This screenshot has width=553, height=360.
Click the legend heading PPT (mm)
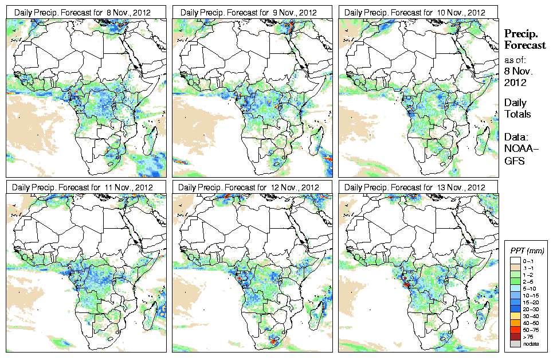coord(527,251)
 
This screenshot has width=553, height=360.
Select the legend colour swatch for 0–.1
coord(514,260)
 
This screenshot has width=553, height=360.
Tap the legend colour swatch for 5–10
coord(514,288)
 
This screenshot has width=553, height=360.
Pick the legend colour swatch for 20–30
coord(514,308)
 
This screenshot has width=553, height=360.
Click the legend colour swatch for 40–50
coord(514,322)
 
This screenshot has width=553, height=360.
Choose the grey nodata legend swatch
coord(514,343)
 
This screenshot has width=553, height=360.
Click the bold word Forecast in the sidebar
coord(524,45)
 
